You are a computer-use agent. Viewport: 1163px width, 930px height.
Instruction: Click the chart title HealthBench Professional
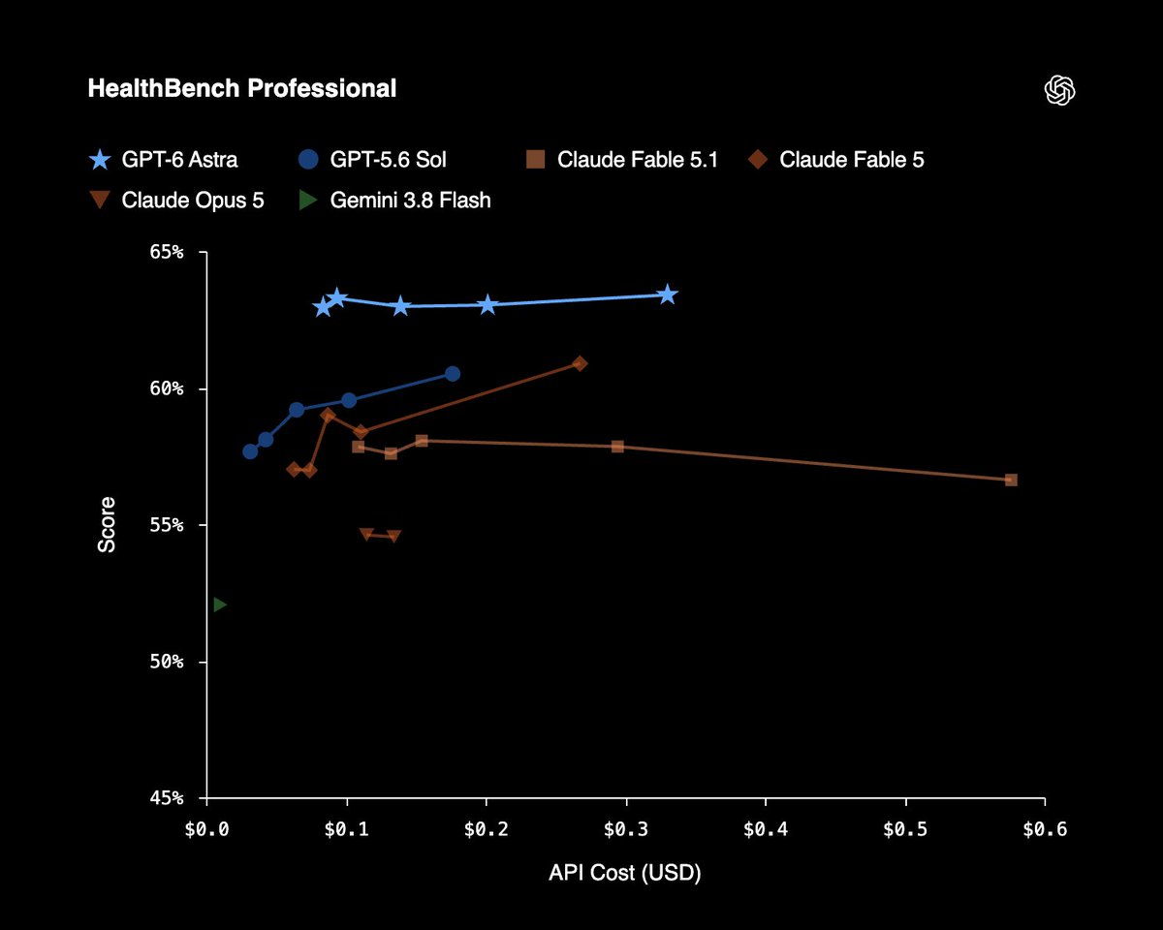pos(241,88)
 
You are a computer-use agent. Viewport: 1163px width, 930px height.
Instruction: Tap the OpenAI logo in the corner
pos(1059,90)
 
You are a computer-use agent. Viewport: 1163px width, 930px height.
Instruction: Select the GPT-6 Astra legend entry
pos(163,160)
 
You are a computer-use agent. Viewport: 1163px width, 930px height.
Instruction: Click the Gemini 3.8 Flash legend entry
pos(394,200)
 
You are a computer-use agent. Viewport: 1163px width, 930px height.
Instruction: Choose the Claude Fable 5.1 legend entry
pos(621,160)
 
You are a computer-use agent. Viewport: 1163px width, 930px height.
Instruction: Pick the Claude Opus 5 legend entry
pos(176,200)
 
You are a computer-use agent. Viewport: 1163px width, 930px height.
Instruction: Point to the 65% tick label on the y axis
pos(167,252)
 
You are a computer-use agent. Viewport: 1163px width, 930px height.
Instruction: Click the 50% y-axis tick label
pos(167,662)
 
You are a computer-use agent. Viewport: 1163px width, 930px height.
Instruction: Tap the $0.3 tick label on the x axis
pos(626,829)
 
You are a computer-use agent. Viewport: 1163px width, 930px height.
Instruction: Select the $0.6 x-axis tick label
pos(1045,829)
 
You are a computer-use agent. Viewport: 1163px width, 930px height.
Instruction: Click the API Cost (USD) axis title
pos(625,873)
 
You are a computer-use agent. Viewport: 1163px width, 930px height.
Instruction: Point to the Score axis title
pos(107,525)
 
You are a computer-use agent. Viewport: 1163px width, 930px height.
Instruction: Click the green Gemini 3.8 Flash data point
pos(219,604)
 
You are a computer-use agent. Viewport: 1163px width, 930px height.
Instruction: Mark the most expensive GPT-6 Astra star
pos(668,294)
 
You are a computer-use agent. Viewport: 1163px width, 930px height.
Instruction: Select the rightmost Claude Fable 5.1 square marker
pos(1011,480)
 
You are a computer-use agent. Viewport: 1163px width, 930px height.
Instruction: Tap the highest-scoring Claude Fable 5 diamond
pos(580,363)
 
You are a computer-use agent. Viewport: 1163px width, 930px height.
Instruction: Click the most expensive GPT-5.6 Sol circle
pos(453,373)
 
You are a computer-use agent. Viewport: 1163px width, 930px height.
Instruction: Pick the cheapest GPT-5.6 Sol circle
pos(250,451)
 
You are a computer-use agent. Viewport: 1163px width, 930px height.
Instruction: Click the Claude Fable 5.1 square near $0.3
pos(617,447)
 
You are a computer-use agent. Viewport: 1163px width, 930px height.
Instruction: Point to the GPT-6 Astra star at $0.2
pos(487,304)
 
